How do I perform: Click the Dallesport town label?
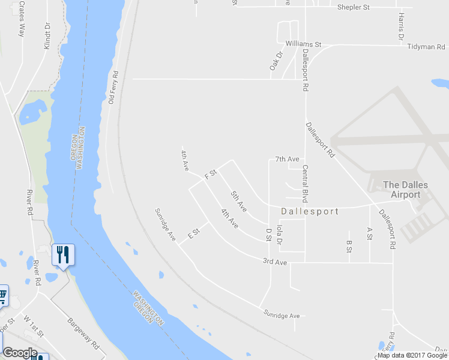click(310, 211)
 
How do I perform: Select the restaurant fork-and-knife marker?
click(63, 255)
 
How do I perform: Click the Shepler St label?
click(353, 7)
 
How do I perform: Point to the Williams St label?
click(304, 44)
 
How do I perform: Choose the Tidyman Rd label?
click(426, 46)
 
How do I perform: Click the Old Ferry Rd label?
click(113, 88)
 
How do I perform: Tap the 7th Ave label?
click(287, 159)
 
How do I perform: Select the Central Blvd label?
click(306, 184)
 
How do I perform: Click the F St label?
click(210, 175)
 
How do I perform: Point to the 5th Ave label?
click(239, 201)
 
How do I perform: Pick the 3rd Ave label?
click(275, 262)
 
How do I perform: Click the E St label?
click(193, 233)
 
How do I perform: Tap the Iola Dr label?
click(279, 235)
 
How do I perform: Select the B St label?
click(349, 247)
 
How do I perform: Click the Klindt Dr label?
click(47, 36)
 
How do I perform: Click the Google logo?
click(20, 353)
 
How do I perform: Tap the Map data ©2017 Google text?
click(412, 355)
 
